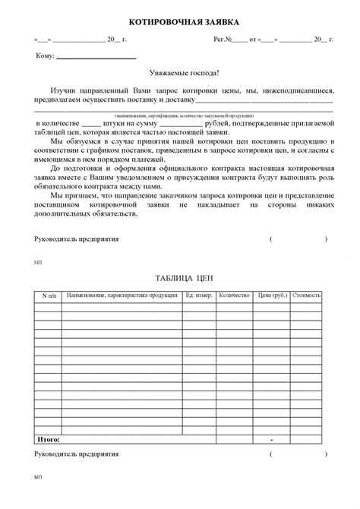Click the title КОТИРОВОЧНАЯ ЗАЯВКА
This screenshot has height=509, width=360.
click(x=179, y=22)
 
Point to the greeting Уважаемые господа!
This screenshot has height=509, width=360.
click(x=180, y=74)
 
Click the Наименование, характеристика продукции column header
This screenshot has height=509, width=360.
click(x=121, y=294)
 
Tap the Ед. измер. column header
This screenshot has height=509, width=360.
click(x=197, y=294)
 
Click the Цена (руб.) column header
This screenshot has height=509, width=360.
click(x=271, y=294)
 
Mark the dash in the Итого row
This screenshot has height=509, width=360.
click(x=271, y=440)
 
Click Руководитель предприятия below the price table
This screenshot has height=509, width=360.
click(x=77, y=454)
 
